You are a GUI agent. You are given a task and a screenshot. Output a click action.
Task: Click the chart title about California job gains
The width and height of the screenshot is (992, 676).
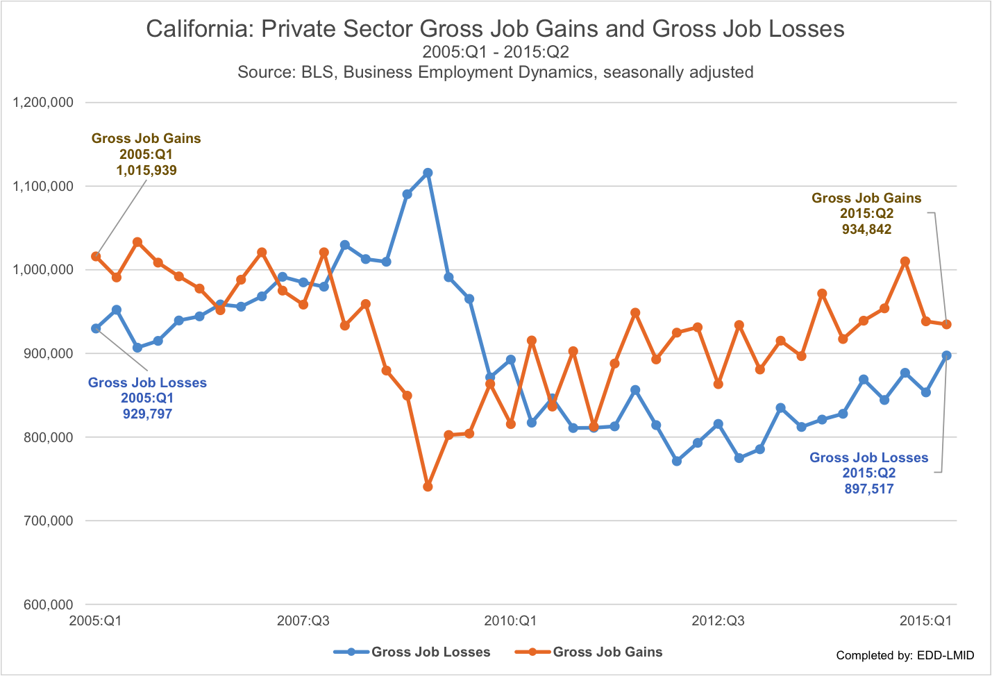click(x=495, y=28)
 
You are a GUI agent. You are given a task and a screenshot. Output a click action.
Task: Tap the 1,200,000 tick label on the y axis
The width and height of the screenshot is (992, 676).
click(x=43, y=103)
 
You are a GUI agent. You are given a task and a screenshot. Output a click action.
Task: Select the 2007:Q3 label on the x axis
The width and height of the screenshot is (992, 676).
click(x=303, y=620)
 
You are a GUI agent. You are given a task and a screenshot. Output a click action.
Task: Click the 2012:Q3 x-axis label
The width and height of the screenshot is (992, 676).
click(x=718, y=620)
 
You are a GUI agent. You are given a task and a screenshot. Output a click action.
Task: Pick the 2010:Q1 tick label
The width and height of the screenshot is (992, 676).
click(x=510, y=620)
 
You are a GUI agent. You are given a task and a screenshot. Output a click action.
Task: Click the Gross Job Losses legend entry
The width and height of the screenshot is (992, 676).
click(x=430, y=652)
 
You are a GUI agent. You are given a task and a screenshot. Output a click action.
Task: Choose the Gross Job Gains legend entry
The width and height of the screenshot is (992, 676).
click(x=607, y=652)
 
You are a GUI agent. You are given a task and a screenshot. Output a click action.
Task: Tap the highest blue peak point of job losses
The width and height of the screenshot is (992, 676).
click(x=428, y=173)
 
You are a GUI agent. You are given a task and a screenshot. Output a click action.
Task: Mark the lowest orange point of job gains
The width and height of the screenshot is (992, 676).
click(x=428, y=487)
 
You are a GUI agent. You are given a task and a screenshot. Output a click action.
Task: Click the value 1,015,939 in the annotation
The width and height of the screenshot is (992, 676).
click(x=146, y=170)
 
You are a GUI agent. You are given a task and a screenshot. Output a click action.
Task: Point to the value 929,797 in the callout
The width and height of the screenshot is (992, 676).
click(x=147, y=414)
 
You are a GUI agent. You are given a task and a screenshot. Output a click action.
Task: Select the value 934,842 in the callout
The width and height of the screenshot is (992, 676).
click(x=866, y=229)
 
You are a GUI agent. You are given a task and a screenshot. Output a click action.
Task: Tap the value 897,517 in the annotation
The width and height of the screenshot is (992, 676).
click(x=868, y=489)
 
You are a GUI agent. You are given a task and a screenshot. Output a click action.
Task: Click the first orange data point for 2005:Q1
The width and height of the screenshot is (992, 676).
click(x=96, y=256)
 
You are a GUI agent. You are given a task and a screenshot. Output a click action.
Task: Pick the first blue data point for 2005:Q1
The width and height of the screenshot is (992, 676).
click(x=96, y=328)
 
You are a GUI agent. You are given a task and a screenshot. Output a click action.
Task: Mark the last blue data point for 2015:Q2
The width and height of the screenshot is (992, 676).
click(x=946, y=355)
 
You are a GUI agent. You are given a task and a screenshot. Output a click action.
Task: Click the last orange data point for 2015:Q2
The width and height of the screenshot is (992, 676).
click(x=946, y=324)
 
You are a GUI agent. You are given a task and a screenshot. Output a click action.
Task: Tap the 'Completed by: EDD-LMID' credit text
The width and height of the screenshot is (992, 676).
click(x=905, y=655)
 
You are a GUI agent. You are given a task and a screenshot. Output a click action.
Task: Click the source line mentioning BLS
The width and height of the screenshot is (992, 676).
click(x=495, y=72)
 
